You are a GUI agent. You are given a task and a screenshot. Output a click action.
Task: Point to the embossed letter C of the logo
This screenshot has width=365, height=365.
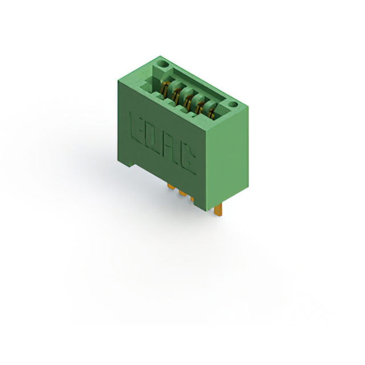[x=188, y=161]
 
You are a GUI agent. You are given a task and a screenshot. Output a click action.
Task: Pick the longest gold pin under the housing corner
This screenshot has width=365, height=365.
[x=218, y=211]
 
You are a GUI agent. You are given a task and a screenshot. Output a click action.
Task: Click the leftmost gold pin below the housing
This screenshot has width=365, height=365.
[x=171, y=186]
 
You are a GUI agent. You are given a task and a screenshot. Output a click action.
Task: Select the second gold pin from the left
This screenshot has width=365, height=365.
[x=182, y=193]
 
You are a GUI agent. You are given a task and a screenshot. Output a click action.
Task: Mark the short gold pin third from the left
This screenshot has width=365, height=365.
[x=192, y=199]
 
